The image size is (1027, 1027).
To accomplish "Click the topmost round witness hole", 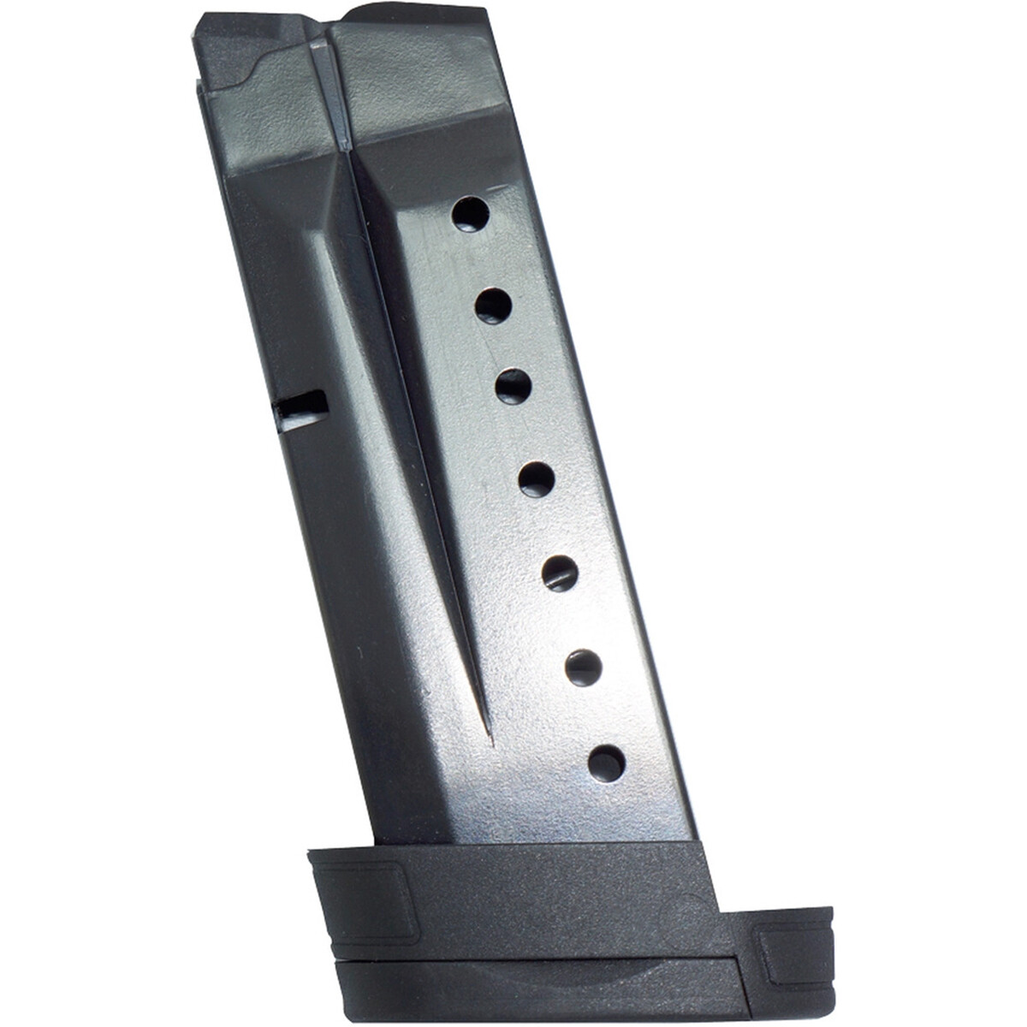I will pyautogui.click(x=468, y=216).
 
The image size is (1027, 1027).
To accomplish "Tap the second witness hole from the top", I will pyautogui.click(x=494, y=305).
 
